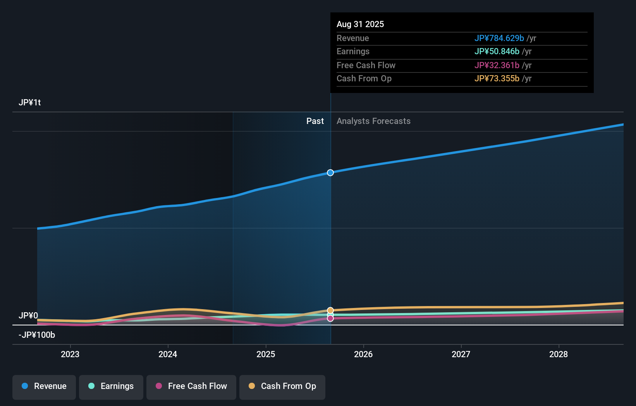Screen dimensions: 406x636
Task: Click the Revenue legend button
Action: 44,386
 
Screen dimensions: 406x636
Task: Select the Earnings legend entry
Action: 111,386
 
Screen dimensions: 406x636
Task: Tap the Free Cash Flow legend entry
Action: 191,386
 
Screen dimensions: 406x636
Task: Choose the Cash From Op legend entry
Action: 282,386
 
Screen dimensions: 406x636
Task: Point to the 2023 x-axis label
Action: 70,354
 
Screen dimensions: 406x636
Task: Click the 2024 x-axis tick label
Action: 168,354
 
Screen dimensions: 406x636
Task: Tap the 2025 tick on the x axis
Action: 266,354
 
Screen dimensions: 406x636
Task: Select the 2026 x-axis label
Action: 363,354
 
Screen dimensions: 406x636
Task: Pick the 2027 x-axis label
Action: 461,354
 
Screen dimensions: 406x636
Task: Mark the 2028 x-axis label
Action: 559,354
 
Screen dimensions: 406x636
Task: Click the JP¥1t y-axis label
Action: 30,103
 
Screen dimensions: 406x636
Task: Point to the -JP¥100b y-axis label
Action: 37,335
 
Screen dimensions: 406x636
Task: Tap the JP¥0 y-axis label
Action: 28,316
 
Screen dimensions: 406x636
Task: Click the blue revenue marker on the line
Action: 330,173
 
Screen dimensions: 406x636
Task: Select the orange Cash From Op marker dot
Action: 330,310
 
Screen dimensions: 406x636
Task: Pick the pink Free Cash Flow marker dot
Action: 330,318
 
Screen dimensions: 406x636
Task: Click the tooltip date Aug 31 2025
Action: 360,24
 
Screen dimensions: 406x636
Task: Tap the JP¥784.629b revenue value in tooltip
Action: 499,38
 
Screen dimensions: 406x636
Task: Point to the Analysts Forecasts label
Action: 373,121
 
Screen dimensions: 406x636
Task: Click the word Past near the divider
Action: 315,121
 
